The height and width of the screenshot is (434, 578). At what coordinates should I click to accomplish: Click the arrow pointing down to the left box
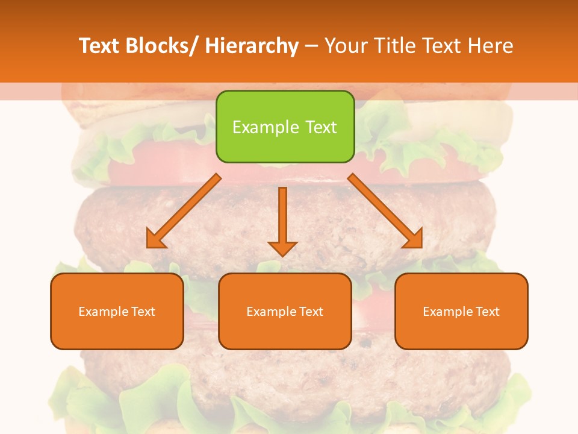pos(184,211)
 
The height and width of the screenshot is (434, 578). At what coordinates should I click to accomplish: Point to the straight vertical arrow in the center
pos(282,220)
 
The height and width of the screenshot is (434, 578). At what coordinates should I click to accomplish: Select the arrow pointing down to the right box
pos(385,211)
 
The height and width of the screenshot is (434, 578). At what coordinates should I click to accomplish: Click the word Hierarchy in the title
pos(252,46)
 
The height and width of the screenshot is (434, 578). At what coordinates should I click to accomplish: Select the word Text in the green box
pos(320,127)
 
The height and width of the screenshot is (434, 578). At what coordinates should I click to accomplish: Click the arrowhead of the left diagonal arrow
pos(155,240)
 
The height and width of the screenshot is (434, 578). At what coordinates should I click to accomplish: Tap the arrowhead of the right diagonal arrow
pos(414,240)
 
